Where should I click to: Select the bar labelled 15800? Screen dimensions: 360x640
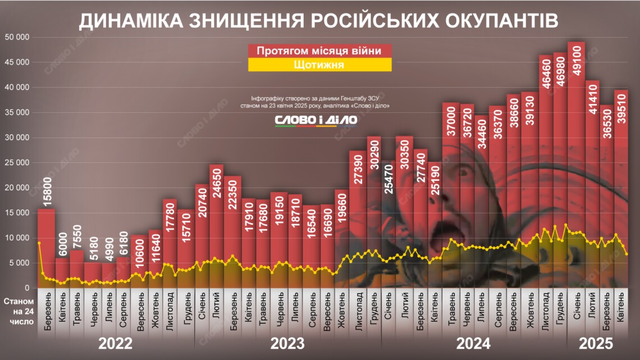pyautogui.click(x=46, y=247)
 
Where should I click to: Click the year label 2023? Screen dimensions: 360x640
pyautogui.click(x=287, y=343)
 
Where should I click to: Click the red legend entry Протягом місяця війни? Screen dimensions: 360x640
pyautogui.click(x=319, y=51)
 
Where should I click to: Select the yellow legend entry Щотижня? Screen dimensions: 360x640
pyautogui.click(x=319, y=65)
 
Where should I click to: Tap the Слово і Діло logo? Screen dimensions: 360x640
pyautogui.click(x=316, y=120)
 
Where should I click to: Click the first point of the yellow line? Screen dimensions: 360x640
pyautogui.click(x=39, y=243)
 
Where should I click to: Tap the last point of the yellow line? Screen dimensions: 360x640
pyautogui.click(x=626, y=254)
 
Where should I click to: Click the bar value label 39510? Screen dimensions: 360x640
pyautogui.click(x=621, y=115)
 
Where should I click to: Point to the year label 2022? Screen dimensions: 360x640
pyautogui.click(x=116, y=343)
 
